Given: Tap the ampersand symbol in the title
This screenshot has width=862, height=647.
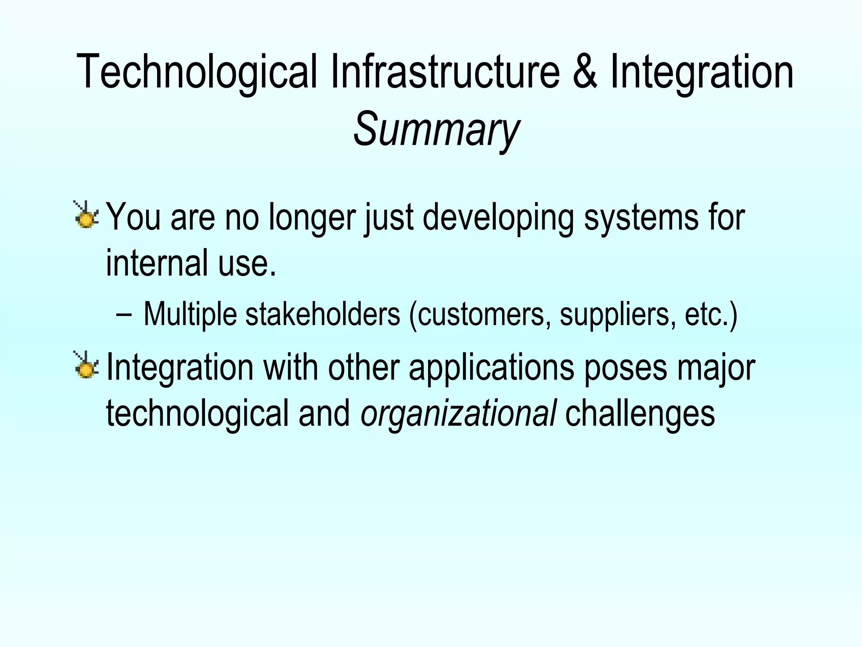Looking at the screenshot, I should click(x=585, y=72).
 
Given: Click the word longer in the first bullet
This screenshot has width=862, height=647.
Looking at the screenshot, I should click(x=314, y=218).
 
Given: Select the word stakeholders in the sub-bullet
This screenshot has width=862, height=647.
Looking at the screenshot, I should click(x=322, y=314).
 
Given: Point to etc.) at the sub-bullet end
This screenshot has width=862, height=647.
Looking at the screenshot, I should click(x=711, y=314).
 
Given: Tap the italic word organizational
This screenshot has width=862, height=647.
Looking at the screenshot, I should click(x=458, y=414).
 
